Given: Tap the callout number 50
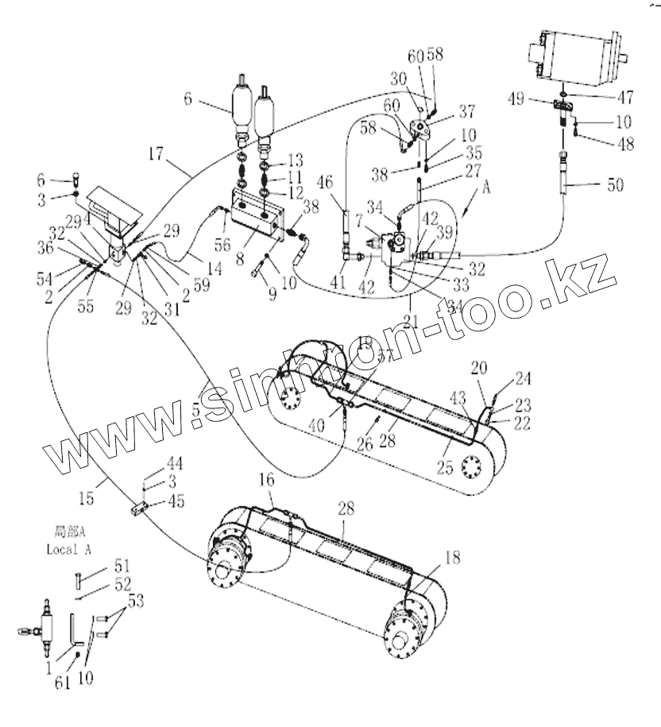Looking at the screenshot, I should pos(615,184).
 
